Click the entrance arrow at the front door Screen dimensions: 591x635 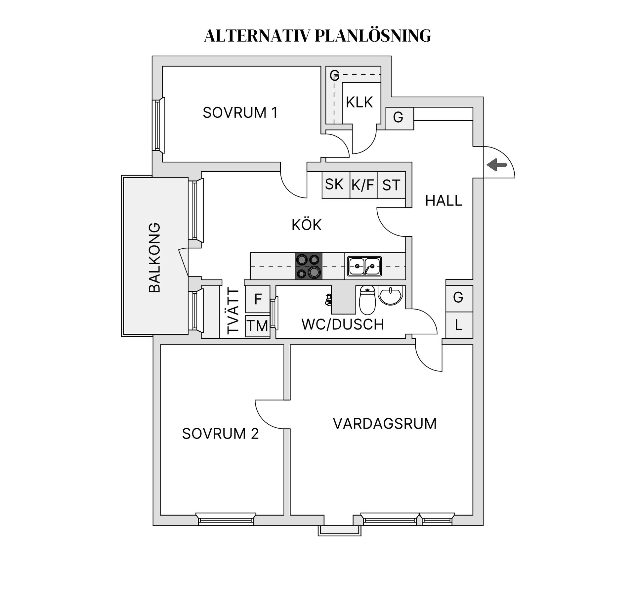497,164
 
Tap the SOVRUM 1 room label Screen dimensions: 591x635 240,113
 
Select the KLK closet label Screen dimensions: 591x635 359,102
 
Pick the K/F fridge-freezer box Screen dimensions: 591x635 363,185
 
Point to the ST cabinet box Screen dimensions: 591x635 391,185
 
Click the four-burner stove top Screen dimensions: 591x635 308,266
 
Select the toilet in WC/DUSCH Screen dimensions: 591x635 367,300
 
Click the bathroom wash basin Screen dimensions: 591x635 391,295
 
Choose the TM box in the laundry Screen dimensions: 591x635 257,326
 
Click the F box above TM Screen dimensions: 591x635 258,299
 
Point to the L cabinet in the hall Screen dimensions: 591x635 459,325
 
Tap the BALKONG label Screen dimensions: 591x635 154,257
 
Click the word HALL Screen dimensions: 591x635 443,201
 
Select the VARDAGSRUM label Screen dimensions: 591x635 385,424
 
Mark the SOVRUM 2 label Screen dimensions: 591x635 220,434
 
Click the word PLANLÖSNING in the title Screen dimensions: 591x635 373,35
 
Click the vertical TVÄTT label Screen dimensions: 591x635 233,311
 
